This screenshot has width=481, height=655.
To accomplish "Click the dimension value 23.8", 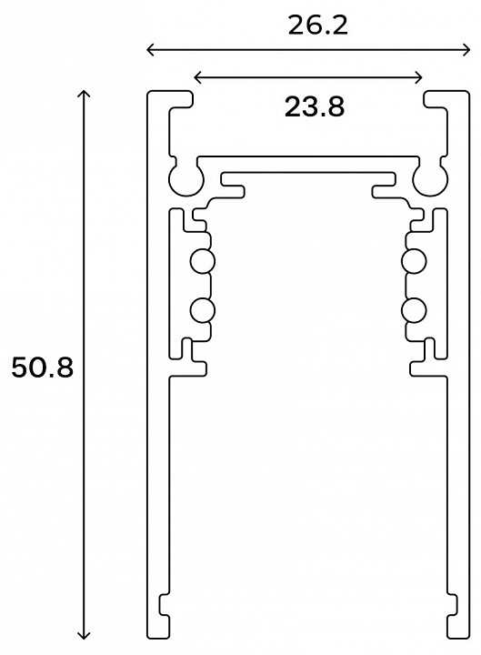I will pyautogui.click(x=314, y=107).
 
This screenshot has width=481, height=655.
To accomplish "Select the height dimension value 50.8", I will pyautogui.click(x=41, y=368).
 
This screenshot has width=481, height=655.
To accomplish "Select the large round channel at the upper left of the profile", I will pyautogui.click(x=186, y=177).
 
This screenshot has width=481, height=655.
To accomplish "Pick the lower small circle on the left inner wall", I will pyautogui.click(x=201, y=310).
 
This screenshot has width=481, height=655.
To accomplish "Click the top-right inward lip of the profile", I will pyautogui.click(x=440, y=98).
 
